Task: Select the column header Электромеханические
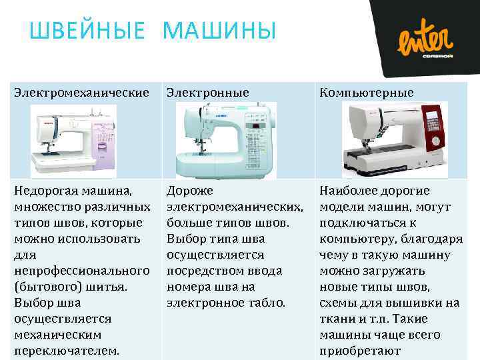(81, 93)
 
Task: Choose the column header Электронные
(207, 93)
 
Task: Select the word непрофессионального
(81, 271)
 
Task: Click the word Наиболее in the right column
(351, 191)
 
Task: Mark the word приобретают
(361, 351)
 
